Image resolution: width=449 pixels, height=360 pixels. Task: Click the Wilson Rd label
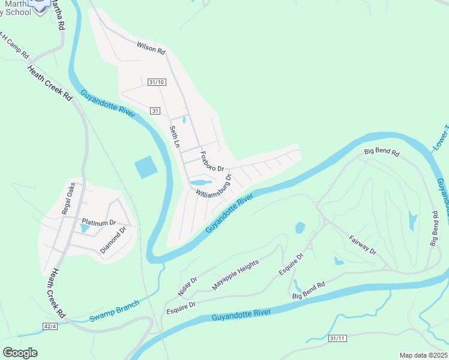[151, 48]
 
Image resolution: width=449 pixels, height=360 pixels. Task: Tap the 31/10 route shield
[156, 82]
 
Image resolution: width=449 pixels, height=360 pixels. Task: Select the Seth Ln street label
[175, 137]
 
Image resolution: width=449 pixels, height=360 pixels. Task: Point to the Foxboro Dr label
[212, 161]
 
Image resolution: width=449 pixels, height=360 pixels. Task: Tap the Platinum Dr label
[98, 223]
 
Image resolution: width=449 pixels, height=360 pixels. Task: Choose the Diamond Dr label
[113, 239]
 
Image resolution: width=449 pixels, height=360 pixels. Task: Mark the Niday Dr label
[187, 286]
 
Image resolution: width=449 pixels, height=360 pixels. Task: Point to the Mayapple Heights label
[235, 275]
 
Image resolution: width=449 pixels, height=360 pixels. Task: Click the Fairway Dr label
[363, 244]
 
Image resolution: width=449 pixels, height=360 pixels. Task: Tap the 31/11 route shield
[337, 339]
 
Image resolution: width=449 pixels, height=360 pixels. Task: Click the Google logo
[19, 353]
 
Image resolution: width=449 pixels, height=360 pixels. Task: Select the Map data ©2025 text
[424, 355]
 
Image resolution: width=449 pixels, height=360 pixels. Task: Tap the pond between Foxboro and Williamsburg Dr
[200, 182]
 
